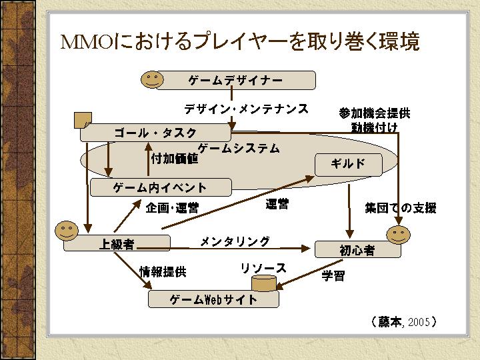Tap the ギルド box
[x=348, y=163]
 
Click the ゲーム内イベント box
[x=160, y=187]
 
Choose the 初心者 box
[x=357, y=250]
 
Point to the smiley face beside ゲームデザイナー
[x=152, y=79]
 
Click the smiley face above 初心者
[x=399, y=233]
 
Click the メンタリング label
[x=235, y=241]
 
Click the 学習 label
[x=333, y=275]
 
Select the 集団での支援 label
[x=400, y=208]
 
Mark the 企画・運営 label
[x=172, y=208]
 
